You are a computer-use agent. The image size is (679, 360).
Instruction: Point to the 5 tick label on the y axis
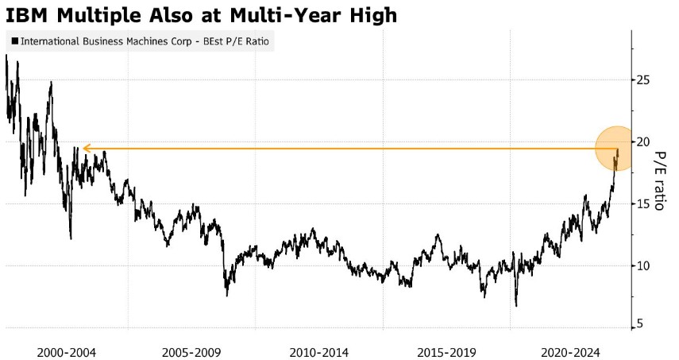pyautogui.click(x=639, y=323)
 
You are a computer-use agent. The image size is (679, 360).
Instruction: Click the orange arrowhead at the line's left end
pyautogui.click(x=87, y=148)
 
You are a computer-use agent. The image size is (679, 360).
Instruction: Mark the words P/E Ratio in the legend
pyautogui.click(x=249, y=41)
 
